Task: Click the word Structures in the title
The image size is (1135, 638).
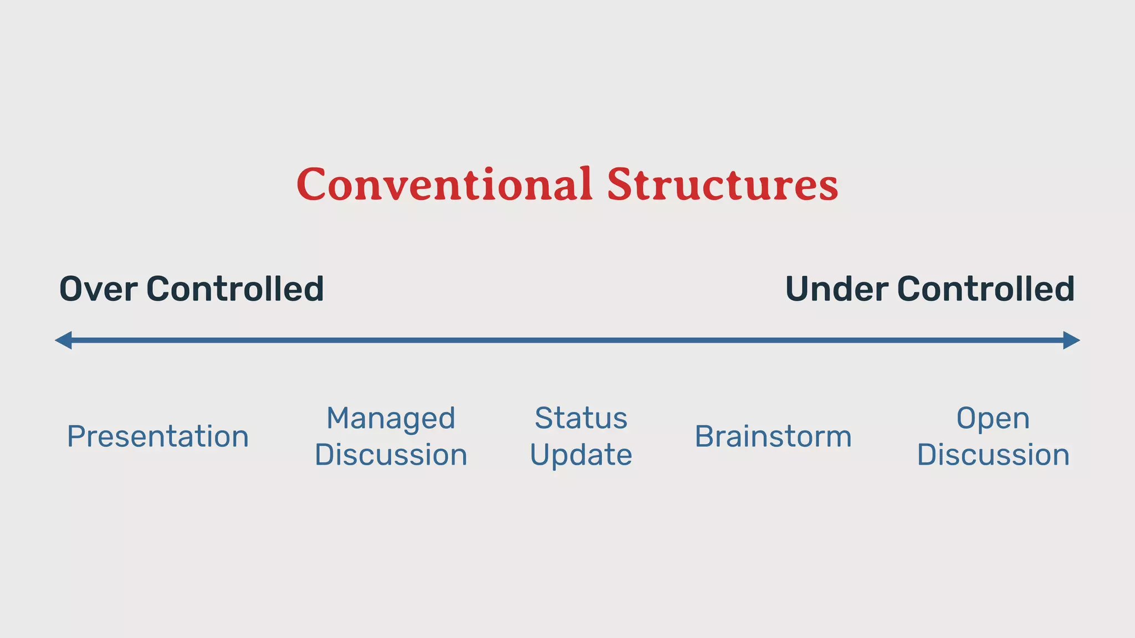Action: tap(722, 184)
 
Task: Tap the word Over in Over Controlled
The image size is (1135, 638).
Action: tap(98, 289)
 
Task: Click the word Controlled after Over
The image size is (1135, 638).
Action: tap(235, 289)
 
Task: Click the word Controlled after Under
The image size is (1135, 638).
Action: tap(986, 289)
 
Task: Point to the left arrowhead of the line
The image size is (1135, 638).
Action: tap(63, 340)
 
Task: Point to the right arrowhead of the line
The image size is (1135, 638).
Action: tap(1072, 340)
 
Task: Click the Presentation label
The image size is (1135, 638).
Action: tap(158, 437)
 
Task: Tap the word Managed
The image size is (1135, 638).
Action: tap(391, 419)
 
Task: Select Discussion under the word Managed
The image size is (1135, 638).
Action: tap(391, 455)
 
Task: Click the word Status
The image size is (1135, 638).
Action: tap(581, 419)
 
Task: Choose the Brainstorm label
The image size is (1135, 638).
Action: tap(773, 437)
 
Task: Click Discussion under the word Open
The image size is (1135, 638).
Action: tap(993, 455)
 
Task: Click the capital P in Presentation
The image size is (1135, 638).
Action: tap(76, 437)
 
